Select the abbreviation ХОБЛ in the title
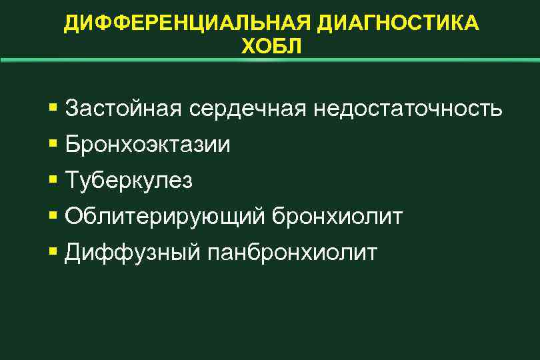point(270,47)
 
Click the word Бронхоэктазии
point(148,145)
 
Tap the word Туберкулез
point(129,181)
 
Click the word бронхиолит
point(338,217)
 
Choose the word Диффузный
point(133,253)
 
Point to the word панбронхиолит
point(293,253)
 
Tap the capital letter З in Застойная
point(73,108)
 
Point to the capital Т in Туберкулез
point(73,180)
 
